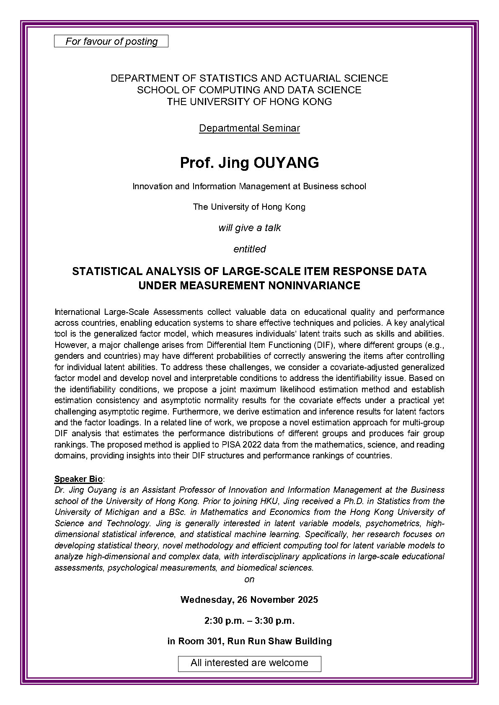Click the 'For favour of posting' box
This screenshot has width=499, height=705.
pyautogui.click(x=111, y=41)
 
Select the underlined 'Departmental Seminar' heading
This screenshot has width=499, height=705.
pyautogui.click(x=249, y=128)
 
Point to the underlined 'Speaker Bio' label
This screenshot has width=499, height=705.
pyautogui.click(x=78, y=479)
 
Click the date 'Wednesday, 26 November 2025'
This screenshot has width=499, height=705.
pyautogui.click(x=249, y=600)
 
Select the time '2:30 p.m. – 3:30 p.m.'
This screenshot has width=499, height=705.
pyautogui.click(x=249, y=620)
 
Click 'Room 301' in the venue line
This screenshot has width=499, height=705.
pyautogui.click(x=197, y=641)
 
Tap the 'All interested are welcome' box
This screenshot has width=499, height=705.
pyautogui.click(x=249, y=663)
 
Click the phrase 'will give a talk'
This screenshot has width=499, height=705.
pyautogui.click(x=249, y=228)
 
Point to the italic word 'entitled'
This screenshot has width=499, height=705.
pyautogui.click(x=249, y=249)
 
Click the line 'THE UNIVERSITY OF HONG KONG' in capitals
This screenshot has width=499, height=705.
pyautogui.click(x=249, y=102)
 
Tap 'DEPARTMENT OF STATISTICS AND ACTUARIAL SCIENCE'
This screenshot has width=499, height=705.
pyautogui.click(x=249, y=78)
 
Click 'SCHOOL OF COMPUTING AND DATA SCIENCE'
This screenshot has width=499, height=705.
pyautogui.click(x=249, y=90)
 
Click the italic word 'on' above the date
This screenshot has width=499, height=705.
pyautogui.click(x=249, y=579)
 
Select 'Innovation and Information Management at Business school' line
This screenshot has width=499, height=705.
pyautogui.click(x=249, y=186)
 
